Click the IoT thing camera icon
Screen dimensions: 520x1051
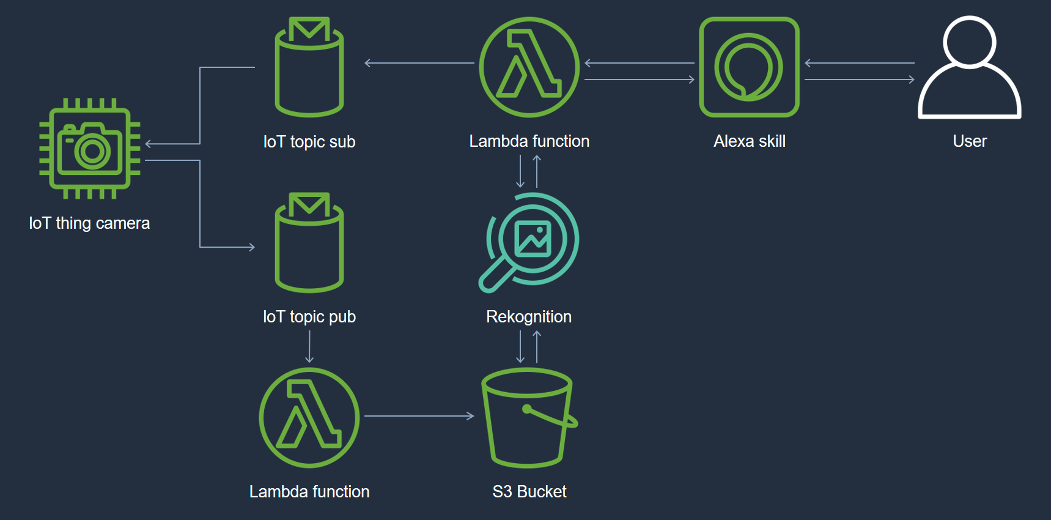click(90, 149)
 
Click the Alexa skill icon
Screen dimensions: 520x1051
click(749, 67)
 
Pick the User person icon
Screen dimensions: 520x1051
click(969, 67)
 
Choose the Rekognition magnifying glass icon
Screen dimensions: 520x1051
click(529, 242)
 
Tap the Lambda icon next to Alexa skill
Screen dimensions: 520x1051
click(529, 67)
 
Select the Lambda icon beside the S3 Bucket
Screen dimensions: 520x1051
click(309, 417)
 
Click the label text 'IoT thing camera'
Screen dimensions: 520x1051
click(89, 223)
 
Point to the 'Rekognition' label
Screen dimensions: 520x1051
click(529, 317)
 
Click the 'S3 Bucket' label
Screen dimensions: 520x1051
click(529, 492)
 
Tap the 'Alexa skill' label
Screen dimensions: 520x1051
click(750, 141)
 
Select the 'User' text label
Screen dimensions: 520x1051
click(970, 141)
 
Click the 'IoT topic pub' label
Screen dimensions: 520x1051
click(309, 317)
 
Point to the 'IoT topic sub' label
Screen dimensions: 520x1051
click(309, 142)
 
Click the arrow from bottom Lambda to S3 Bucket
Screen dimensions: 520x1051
click(419, 416)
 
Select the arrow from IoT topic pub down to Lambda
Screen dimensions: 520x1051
click(309, 347)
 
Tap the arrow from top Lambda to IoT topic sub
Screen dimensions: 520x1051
click(419, 63)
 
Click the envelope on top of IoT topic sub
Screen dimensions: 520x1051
click(309, 28)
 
